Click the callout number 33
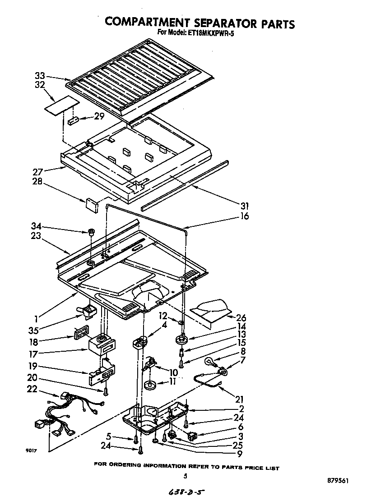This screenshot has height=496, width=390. coord(40,76)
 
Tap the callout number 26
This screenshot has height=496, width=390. coord(241,318)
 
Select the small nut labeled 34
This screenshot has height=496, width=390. coord(91,233)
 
